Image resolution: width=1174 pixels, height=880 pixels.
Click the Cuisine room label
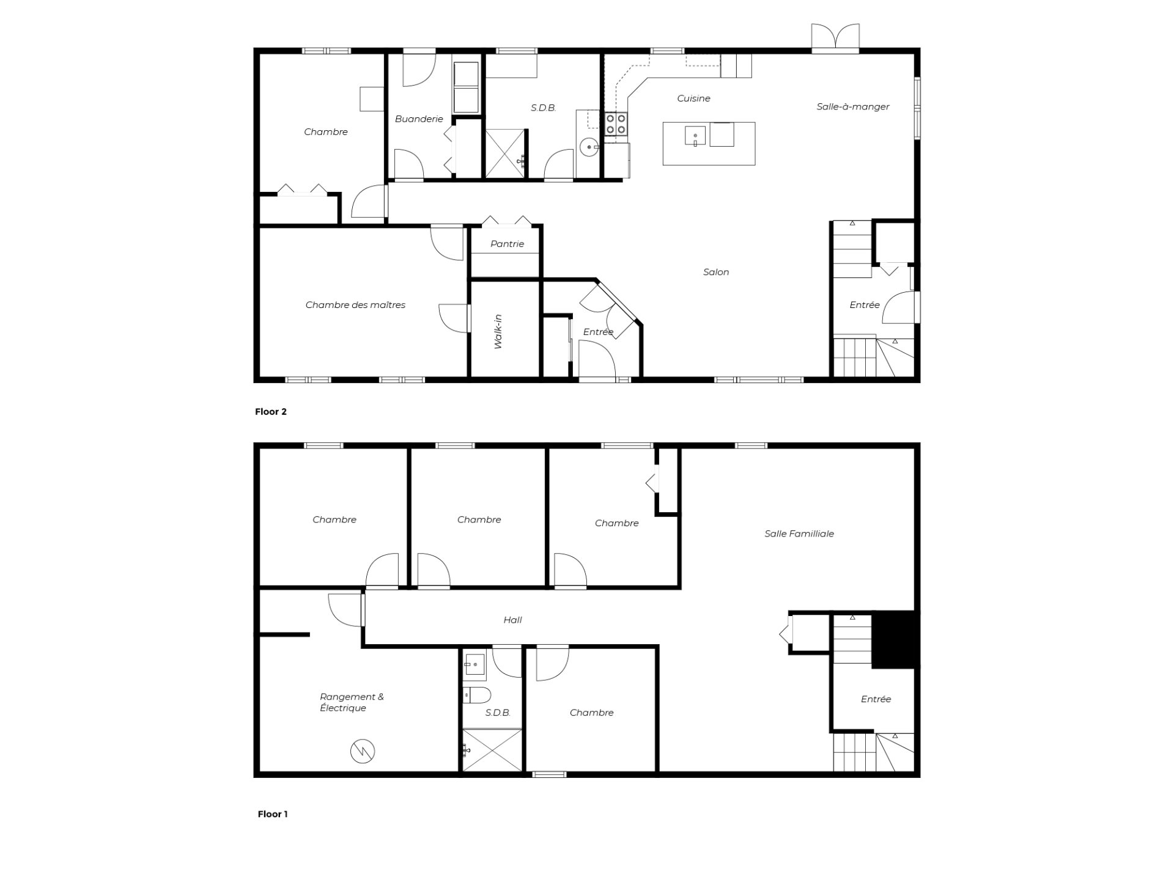(693, 98)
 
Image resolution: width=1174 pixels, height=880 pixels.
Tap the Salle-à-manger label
(853, 107)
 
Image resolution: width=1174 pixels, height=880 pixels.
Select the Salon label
(716, 272)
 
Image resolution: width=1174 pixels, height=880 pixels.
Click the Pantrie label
(507, 244)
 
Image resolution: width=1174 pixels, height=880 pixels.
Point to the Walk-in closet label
(498, 332)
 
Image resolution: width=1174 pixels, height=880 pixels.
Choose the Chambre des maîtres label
(355, 305)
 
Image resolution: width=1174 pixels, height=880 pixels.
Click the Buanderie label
(419, 119)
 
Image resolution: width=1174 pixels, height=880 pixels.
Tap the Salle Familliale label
(799, 533)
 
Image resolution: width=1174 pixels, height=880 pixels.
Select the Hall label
(512, 620)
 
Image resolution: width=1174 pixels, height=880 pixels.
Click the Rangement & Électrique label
(352, 702)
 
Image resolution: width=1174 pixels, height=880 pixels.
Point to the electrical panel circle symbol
(363, 751)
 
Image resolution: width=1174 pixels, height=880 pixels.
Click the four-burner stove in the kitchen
(616, 124)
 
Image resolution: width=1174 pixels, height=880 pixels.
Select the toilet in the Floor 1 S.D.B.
(478, 695)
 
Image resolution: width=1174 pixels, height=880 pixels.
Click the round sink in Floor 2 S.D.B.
(589, 147)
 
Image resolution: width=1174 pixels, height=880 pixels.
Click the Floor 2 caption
(271, 412)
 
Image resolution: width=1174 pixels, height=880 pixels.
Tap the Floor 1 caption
(273, 814)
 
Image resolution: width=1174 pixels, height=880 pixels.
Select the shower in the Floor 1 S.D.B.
(492, 750)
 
